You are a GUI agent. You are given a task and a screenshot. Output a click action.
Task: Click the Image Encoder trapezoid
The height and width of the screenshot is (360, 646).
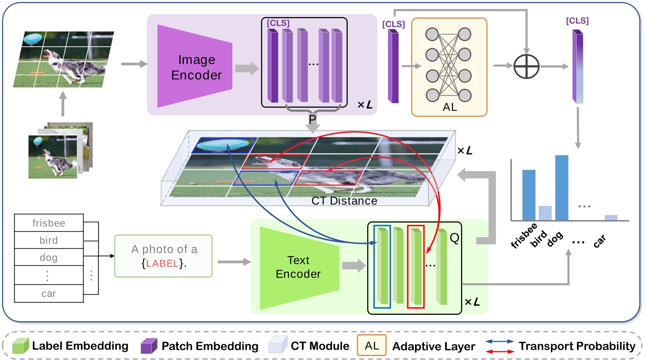pyautogui.click(x=194, y=67)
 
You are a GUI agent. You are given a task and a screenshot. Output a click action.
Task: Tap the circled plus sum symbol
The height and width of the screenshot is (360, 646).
pyautogui.click(x=526, y=66)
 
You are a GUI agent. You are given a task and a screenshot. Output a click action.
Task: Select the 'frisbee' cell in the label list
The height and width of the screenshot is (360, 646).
pyautogui.click(x=49, y=223)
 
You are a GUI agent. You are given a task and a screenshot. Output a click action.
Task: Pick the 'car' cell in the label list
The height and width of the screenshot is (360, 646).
pyautogui.click(x=49, y=293)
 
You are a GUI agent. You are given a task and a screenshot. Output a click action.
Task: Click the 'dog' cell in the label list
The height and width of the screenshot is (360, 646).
pyautogui.click(x=49, y=257)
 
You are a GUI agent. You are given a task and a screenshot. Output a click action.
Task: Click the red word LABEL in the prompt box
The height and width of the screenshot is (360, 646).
pyautogui.click(x=162, y=263)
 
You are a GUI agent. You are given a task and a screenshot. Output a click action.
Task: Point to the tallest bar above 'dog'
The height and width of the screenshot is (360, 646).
pyautogui.click(x=561, y=188)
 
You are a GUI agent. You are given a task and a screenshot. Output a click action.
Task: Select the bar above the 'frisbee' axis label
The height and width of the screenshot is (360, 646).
pyautogui.click(x=528, y=195)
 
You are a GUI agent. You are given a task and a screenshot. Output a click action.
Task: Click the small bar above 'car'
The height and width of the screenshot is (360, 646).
pyautogui.click(x=611, y=217)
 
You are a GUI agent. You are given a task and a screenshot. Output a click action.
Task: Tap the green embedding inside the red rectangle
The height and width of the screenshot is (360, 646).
pyautogui.click(x=416, y=267)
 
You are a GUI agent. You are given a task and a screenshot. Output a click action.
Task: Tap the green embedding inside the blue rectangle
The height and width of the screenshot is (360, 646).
pyautogui.click(x=382, y=267)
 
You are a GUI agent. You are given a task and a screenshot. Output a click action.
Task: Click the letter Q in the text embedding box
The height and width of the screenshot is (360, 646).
pyautogui.click(x=454, y=238)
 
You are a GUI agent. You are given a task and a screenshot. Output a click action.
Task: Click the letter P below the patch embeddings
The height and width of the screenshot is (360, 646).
pyautogui.click(x=313, y=119)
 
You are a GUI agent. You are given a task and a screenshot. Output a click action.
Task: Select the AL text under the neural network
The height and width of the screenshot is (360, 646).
pyautogui.click(x=450, y=107)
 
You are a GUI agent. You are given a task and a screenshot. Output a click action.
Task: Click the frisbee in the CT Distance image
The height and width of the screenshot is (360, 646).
pyautogui.click(x=224, y=145)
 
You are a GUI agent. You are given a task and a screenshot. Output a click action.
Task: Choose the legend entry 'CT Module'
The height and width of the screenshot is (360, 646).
pyautogui.click(x=320, y=346)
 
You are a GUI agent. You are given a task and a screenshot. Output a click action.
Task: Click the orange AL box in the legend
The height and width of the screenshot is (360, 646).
pyautogui.click(x=372, y=346)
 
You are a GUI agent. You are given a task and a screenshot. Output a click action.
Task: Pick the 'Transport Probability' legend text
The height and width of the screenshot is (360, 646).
pyautogui.click(x=577, y=346)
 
